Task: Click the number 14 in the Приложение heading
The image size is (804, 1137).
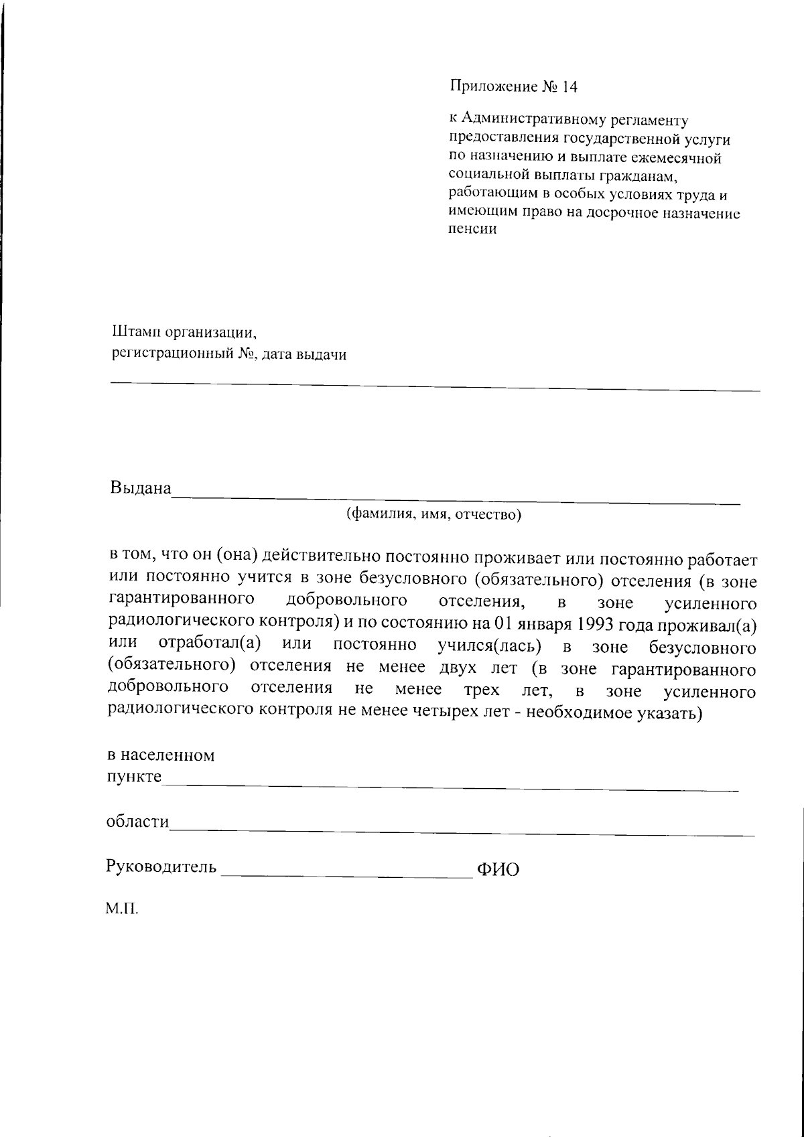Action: pos(569,87)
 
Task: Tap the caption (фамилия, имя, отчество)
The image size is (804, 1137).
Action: pos(433,514)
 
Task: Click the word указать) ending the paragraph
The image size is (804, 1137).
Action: pos(672,712)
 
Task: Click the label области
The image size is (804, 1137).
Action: pos(137,822)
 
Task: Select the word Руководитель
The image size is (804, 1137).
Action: pos(161,867)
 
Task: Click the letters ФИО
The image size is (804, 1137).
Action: pos(497,870)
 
